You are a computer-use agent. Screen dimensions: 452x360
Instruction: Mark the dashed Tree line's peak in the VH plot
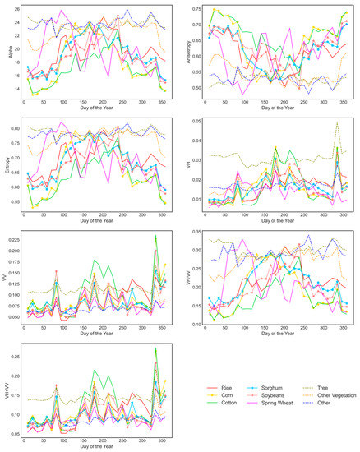click(x=337, y=123)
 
